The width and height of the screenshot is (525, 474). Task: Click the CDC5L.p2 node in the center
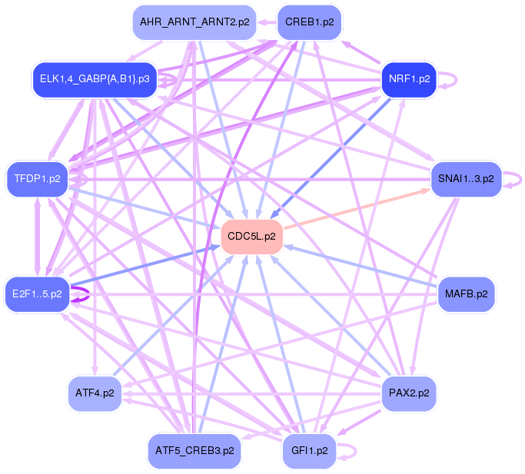252,236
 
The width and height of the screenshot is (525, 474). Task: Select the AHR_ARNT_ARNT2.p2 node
194,22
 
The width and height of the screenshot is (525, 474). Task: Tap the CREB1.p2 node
309,22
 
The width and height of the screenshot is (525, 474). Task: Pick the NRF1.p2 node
409,78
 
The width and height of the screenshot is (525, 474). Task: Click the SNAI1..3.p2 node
466,178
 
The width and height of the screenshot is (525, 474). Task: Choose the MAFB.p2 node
466,293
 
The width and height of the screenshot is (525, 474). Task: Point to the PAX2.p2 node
409,393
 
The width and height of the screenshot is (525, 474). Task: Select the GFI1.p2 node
309,450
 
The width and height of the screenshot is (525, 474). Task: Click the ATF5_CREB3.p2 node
194,450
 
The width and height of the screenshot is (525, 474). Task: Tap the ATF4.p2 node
95,393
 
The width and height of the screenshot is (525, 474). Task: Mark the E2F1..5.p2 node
37,293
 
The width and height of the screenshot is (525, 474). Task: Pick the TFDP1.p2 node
37,178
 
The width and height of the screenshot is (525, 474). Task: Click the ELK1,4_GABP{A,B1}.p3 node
95,78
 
